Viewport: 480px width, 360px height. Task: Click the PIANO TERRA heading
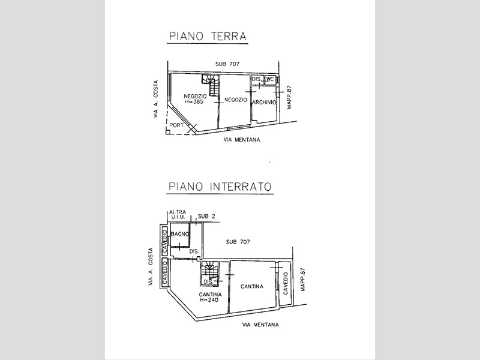point(208,36)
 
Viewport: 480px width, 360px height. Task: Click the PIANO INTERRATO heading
point(220,187)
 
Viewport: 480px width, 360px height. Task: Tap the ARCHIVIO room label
point(264,103)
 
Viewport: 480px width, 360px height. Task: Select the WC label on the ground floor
point(269,79)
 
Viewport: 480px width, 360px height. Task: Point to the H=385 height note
point(194,102)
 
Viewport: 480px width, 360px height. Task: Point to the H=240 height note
point(209,300)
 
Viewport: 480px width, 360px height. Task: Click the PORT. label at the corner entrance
point(177,125)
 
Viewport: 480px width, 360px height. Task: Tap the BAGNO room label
point(180,235)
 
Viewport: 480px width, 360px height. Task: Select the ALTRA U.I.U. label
point(178,214)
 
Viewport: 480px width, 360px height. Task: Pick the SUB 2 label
point(206,216)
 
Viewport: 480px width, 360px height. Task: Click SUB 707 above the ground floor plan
point(227,64)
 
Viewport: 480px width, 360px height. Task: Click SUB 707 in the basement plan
point(238,242)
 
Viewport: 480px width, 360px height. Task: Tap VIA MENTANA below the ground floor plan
point(242,140)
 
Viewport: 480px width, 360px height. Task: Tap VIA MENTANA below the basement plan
point(260,325)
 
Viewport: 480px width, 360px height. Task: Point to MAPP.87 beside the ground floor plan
point(289,97)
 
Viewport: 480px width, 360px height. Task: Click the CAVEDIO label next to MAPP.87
point(286,283)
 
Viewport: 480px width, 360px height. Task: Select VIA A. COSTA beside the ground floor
point(156,99)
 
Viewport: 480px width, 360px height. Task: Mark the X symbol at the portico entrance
point(192,129)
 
